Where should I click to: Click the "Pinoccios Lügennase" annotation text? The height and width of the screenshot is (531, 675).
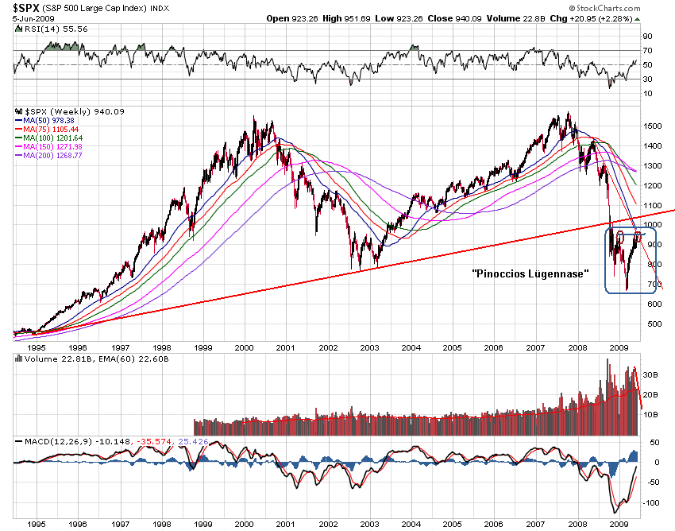(529, 273)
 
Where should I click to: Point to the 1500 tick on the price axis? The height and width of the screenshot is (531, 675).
(653, 126)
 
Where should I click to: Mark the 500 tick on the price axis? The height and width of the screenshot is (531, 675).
(650, 324)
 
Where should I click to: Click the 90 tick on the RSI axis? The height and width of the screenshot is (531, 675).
(647, 36)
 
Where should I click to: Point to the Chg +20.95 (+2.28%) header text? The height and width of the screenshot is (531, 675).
(602, 17)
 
